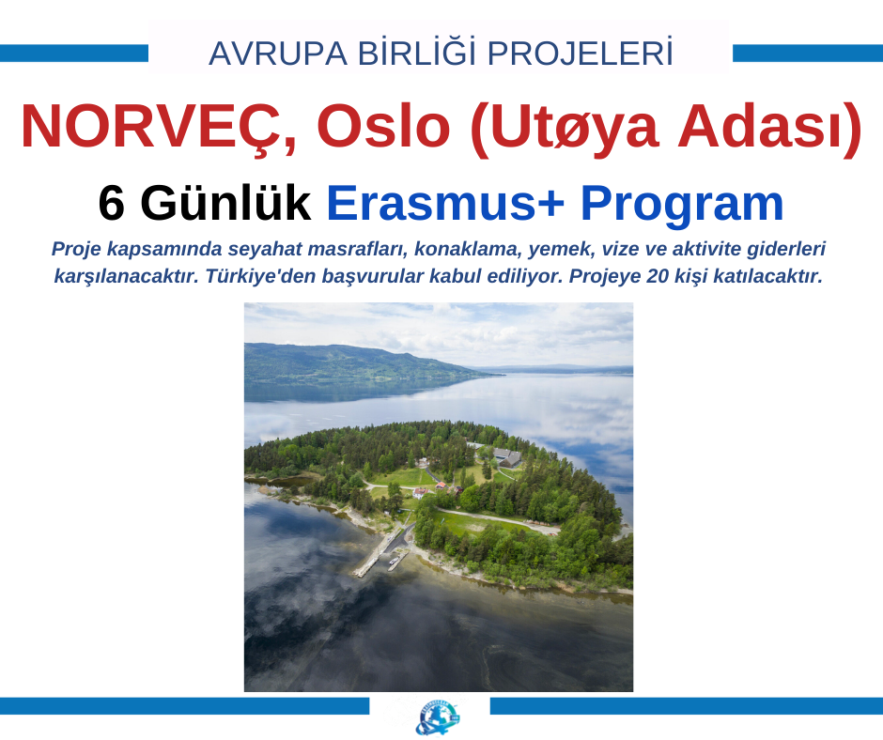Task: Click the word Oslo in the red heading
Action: coord(383,126)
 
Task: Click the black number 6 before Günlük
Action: coord(111,203)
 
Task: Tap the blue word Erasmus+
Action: coord(445,203)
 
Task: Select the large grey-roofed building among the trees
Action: coord(507,456)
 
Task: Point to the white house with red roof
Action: coord(420,493)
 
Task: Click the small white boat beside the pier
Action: coord(394,561)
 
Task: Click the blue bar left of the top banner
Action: coord(74,53)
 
